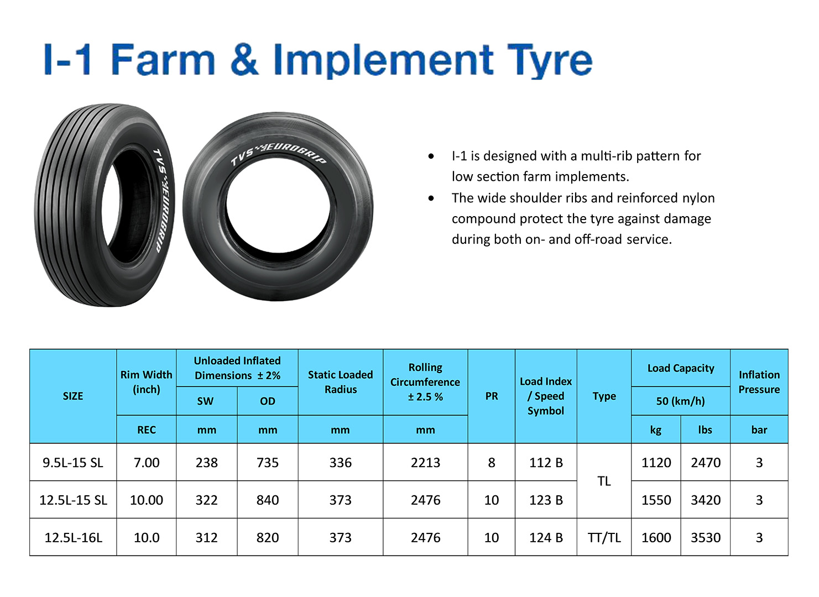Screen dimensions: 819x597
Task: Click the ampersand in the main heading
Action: (244, 59)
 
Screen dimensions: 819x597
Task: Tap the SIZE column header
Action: (73, 396)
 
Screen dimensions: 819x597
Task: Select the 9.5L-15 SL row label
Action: (73, 463)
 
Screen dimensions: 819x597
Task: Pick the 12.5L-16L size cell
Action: (73, 537)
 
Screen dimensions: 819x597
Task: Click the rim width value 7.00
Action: (146, 463)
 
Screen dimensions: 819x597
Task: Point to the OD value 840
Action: (267, 500)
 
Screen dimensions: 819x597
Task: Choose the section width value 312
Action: (206, 537)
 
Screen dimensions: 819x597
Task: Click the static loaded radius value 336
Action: (340, 463)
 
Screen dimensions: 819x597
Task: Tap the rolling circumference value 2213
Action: (425, 463)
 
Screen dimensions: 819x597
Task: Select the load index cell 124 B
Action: (546, 537)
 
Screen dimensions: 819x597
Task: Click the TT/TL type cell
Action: (604, 537)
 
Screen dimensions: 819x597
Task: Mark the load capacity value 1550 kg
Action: (656, 500)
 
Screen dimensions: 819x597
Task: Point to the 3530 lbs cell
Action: (705, 537)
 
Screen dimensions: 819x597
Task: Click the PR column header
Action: (492, 396)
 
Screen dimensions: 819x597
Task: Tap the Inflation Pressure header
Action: (759, 381)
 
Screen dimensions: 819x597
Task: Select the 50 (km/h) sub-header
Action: (680, 401)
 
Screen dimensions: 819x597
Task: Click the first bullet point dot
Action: (431, 156)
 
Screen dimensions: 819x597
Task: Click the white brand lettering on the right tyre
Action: (279, 154)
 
